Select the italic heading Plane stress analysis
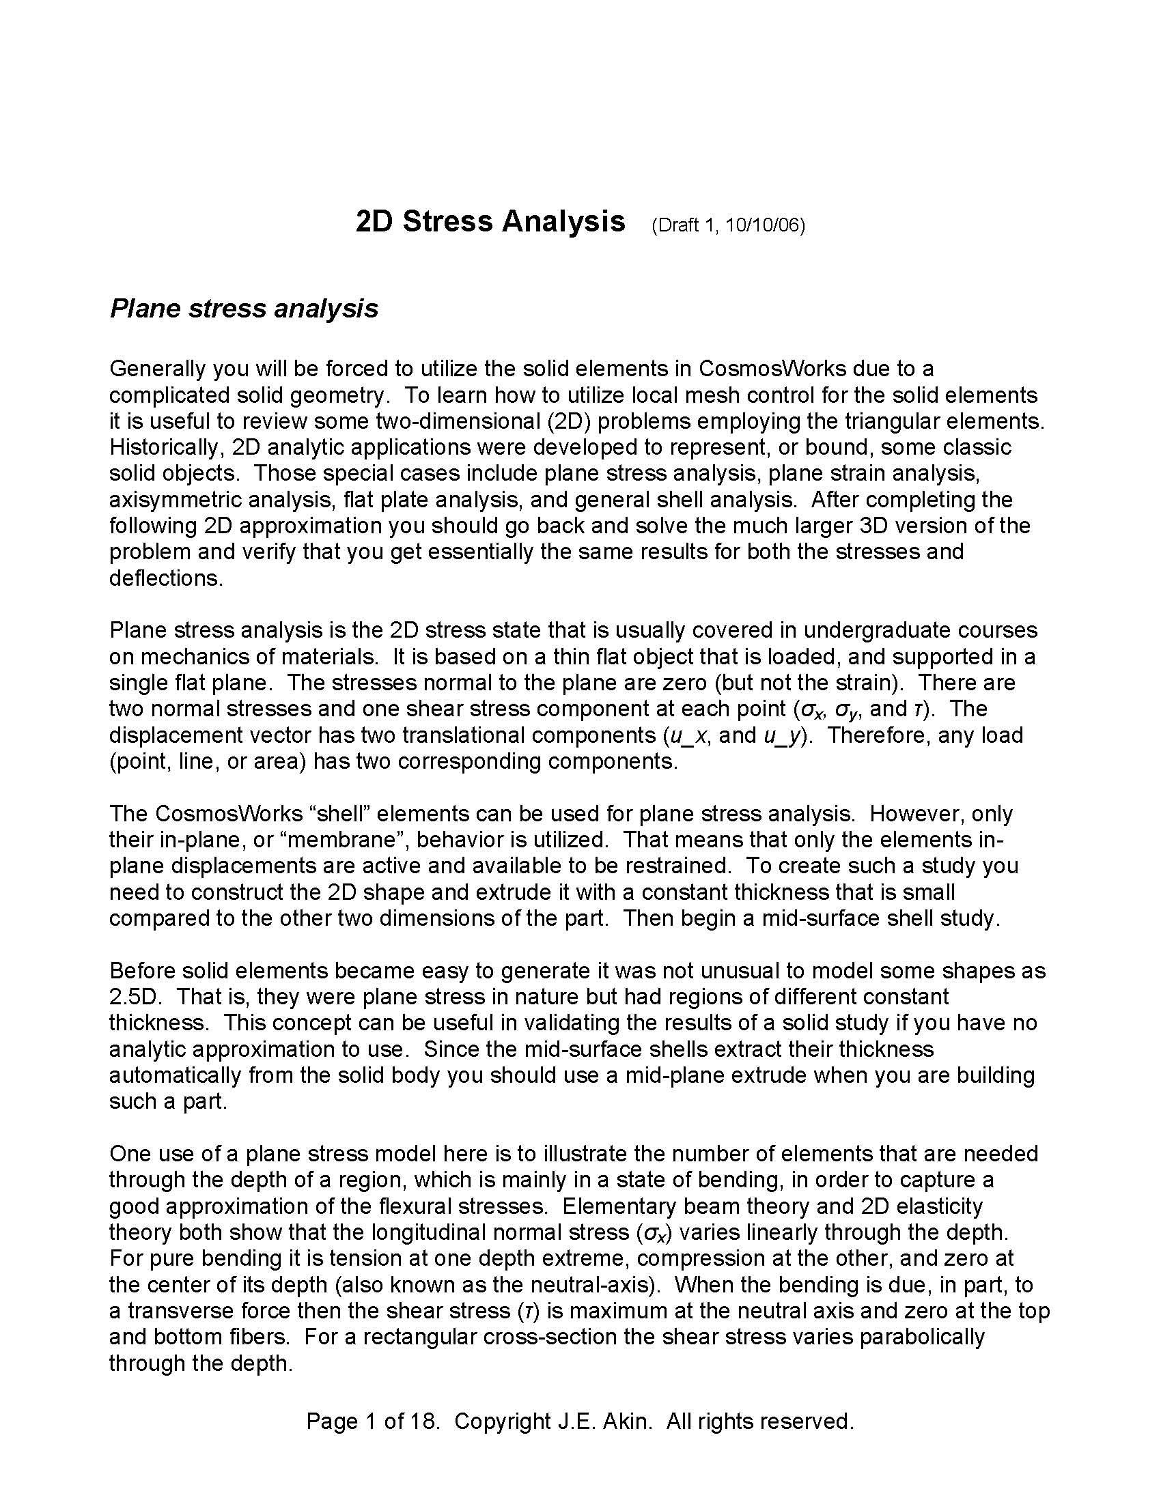(244, 309)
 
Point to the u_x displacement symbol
(688, 736)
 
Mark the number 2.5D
(133, 997)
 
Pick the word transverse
(175, 1311)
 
